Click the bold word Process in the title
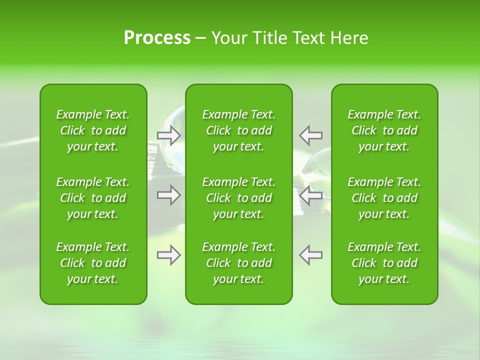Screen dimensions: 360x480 pos(157,38)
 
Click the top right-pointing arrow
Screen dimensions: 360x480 pos(168,135)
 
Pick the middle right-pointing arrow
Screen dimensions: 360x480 pos(168,195)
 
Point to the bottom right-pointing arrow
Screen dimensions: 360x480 pos(168,255)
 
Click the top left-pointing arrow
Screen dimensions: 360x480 pos(311,135)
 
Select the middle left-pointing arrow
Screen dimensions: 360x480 pos(311,195)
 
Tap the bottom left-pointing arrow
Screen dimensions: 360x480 pos(311,254)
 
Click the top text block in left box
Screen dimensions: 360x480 pos(93,130)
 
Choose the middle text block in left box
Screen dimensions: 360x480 pos(93,198)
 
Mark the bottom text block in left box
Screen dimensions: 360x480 pos(93,263)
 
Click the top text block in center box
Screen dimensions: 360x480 pos(238,130)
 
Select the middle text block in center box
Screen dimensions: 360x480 pos(238,198)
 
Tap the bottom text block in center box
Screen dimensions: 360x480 pos(238,263)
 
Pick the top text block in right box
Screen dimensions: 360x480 pos(384,130)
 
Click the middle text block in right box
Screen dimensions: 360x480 pos(384,198)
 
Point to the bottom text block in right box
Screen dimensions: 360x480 pos(384,263)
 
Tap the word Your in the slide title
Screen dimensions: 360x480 pos(229,38)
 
